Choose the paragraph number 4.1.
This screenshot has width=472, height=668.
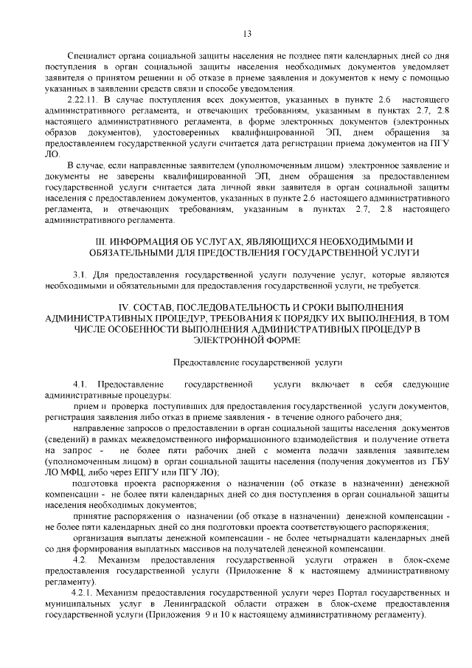point(80,385)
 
